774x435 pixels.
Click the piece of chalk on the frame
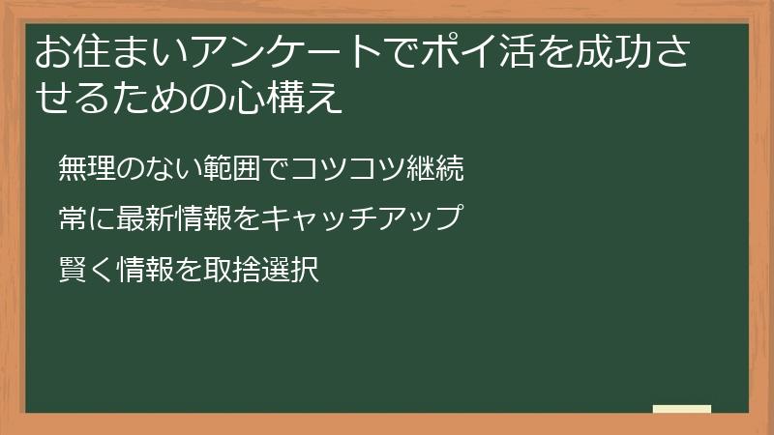pyautogui.click(x=681, y=410)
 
